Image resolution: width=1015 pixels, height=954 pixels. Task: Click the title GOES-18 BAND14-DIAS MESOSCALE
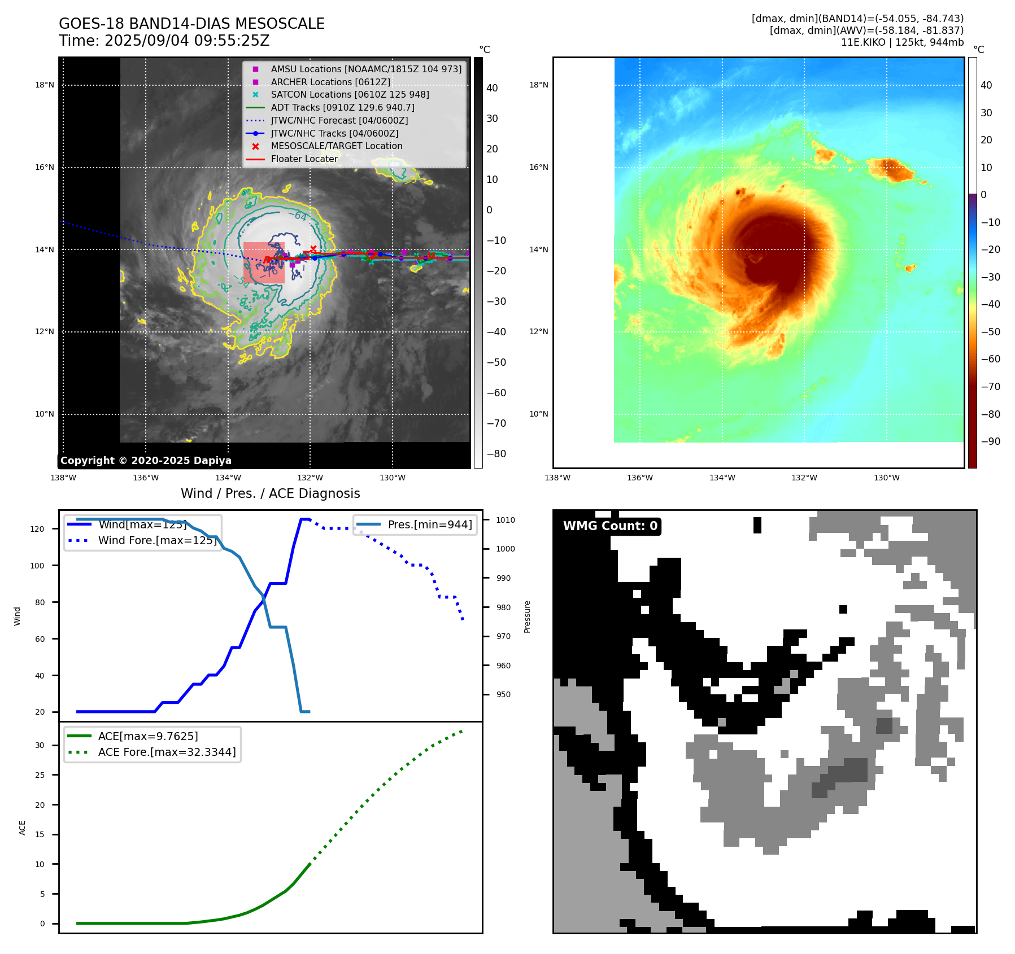point(191,24)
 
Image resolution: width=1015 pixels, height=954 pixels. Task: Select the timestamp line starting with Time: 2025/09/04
point(164,41)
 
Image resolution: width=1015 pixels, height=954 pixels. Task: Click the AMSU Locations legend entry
point(366,69)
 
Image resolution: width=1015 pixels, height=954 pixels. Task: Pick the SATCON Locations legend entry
point(350,95)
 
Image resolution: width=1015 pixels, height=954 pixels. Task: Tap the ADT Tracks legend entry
point(342,107)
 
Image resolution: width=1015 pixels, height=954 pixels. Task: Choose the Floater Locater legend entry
point(304,159)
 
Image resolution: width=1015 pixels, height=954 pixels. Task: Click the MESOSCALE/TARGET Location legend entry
point(337,146)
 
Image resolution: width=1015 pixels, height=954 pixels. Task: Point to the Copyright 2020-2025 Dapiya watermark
point(146,461)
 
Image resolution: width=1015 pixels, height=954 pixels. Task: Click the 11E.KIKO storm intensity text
point(902,42)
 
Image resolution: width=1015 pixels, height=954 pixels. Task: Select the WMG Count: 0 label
point(610,526)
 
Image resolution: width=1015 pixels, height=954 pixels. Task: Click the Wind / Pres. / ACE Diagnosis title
point(270,493)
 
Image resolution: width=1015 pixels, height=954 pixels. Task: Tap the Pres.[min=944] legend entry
point(429,524)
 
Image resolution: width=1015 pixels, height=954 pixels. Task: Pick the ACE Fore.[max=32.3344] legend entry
point(167,752)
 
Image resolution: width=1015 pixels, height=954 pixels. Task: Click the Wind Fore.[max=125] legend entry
point(157,540)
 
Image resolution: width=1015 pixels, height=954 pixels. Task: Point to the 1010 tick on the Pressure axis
point(506,520)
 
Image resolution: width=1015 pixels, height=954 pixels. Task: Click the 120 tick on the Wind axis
point(37,529)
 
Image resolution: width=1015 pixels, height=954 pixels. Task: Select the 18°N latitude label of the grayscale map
point(45,85)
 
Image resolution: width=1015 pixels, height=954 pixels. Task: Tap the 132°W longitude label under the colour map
point(804,478)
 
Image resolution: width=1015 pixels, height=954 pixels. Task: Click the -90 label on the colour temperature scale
point(990,441)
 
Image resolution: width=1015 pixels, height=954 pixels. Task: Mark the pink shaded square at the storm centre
point(264,262)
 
